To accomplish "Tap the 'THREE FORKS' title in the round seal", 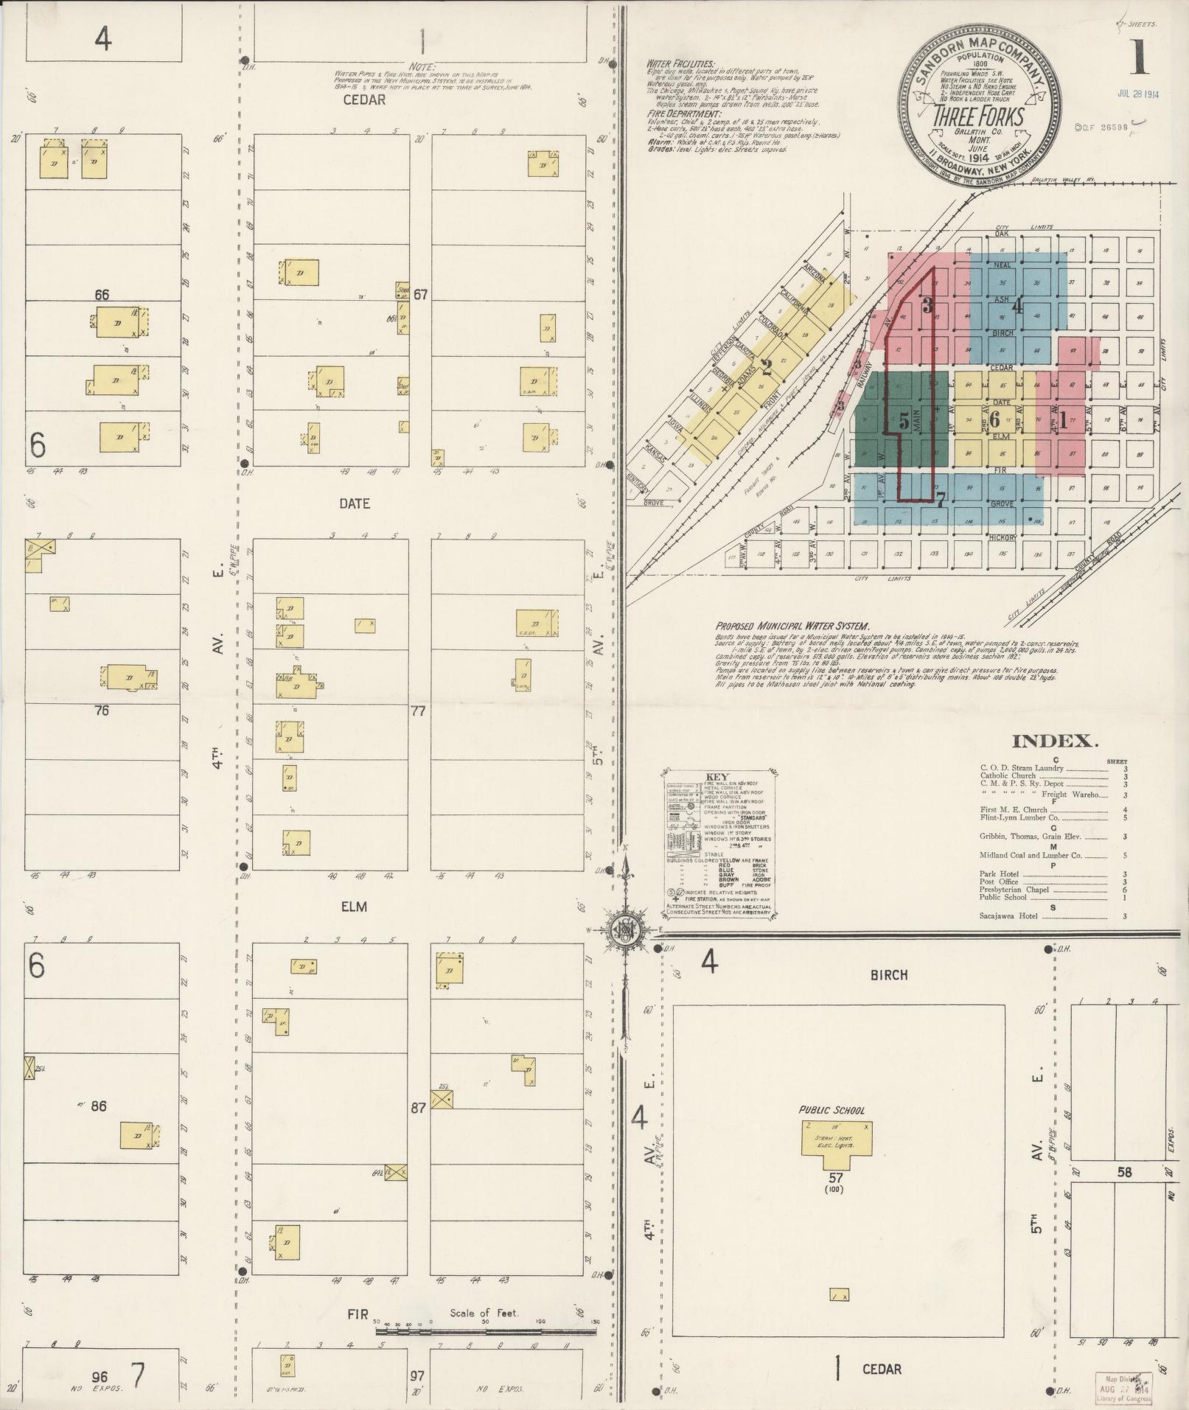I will click(x=977, y=117).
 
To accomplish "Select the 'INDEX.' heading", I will click(x=1055, y=741).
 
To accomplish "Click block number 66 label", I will click(x=102, y=295).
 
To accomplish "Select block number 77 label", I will click(x=419, y=711).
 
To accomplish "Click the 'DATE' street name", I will click(x=355, y=504).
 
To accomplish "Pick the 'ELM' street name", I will click(x=354, y=907).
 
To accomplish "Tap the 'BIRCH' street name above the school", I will click(x=889, y=974).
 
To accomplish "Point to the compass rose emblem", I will click(x=624, y=929).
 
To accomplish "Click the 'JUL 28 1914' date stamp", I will click(x=1139, y=94).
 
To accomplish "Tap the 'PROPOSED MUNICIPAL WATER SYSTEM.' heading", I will click(x=792, y=624).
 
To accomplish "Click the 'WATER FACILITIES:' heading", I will click(x=680, y=64).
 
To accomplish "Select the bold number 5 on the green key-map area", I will click(x=904, y=423).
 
